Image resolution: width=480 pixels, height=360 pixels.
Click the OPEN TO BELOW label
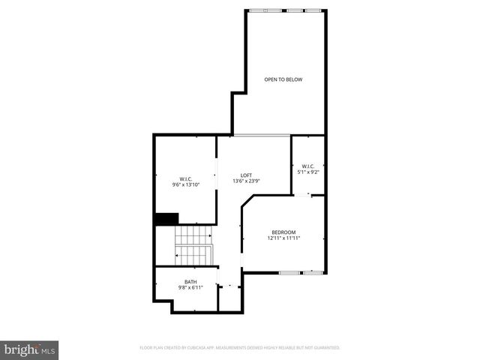click(x=283, y=79)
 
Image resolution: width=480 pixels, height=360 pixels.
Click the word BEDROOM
click(x=283, y=232)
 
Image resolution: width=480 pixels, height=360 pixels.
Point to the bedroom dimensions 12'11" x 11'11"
click(x=283, y=238)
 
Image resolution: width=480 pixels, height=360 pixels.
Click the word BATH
click(x=190, y=281)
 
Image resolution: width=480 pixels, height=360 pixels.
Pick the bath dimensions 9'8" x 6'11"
click(x=190, y=287)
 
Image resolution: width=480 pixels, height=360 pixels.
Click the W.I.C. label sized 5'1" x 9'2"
click(x=307, y=166)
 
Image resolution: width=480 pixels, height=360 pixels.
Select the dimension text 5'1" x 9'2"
click(x=307, y=172)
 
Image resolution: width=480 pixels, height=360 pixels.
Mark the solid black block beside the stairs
click(x=166, y=219)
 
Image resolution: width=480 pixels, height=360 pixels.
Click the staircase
click(x=194, y=244)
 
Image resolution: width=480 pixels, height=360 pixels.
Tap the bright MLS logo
click(x=30, y=349)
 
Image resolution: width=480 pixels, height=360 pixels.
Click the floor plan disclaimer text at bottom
click(x=240, y=348)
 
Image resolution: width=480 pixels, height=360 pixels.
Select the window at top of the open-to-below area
click(x=288, y=10)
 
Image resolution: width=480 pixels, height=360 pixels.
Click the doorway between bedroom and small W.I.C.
click(x=308, y=195)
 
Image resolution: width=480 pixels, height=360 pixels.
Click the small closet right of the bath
click(x=229, y=295)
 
